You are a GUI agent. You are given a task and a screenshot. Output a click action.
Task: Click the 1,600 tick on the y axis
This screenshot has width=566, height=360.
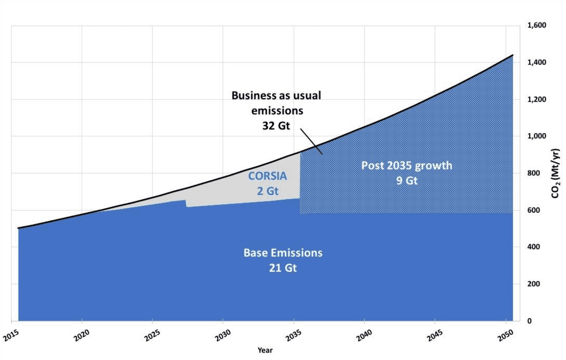click(537, 25)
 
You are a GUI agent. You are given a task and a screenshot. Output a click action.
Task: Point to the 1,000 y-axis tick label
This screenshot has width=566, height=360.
click(537, 136)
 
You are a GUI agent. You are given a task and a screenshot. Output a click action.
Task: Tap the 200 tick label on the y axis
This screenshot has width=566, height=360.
click(534, 284)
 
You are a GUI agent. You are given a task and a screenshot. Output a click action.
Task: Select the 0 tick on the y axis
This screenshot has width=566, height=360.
click(529, 321)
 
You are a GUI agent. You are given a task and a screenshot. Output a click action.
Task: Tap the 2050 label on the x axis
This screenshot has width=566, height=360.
click(505, 335)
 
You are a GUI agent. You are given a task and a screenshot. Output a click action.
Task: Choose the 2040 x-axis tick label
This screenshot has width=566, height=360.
click(364, 335)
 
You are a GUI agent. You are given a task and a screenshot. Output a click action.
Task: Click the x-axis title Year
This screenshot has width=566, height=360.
click(265, 350)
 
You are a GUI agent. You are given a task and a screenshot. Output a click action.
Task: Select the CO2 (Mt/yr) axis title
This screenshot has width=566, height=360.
click(555, 173)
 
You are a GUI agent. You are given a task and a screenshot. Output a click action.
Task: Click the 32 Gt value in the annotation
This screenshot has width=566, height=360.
click(276, 126)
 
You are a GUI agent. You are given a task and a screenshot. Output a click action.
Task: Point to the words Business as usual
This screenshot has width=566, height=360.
click(276, 96)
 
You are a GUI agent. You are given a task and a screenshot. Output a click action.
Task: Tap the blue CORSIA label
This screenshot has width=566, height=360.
click(267, 176)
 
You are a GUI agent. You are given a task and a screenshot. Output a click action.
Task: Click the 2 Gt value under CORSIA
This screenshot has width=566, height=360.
click(268, 191)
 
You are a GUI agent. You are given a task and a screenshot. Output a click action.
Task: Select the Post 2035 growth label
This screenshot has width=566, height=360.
click(407, 166)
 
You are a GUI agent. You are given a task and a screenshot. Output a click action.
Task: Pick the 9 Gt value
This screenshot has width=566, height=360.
click(407, 180)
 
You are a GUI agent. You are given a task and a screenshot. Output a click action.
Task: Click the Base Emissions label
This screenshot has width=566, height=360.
click(283, 253)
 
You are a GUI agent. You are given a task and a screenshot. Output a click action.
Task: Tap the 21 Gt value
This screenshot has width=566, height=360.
click(283, 268)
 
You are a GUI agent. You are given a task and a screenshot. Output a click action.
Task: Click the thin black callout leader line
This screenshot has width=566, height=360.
click(311, 141)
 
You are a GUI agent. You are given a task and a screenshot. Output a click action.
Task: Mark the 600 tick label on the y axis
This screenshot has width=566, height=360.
click(534, 210)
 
